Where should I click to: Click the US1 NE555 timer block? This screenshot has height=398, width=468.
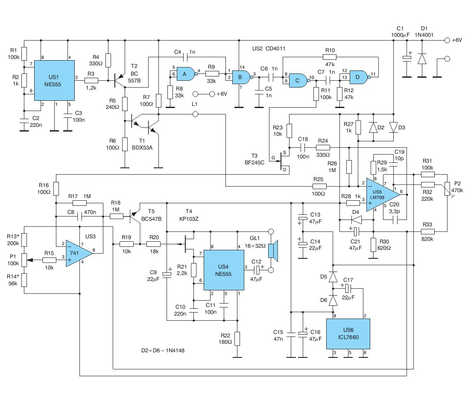[x=54, y=80]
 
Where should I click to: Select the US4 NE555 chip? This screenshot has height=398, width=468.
[x=224, y=270]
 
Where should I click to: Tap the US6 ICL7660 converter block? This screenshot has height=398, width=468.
[x=348, y=334]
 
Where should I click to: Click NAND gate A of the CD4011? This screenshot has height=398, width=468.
[x=186, y=74]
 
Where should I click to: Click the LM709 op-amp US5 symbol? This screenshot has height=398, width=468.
[x=383, y=195]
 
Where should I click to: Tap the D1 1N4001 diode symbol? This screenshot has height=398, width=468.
[x=422, y=59]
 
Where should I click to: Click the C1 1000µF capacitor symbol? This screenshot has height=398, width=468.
[x=407, y=59]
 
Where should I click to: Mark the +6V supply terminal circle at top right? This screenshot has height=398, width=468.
[x=447, y=40]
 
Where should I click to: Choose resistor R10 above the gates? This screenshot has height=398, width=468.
[x=330, y=57]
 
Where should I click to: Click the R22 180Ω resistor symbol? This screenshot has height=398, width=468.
[x=237, y=339]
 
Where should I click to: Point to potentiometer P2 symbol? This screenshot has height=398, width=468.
[x=447, y=189]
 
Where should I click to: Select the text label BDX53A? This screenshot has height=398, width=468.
[x=142, y=147]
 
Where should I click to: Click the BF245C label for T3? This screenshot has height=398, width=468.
[x=254, y=162]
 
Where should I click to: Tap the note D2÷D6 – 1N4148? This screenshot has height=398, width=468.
[x=163, y=350]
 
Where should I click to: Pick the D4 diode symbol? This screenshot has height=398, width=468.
[x=357, y=220]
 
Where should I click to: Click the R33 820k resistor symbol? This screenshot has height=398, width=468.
[x=427, y=231]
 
